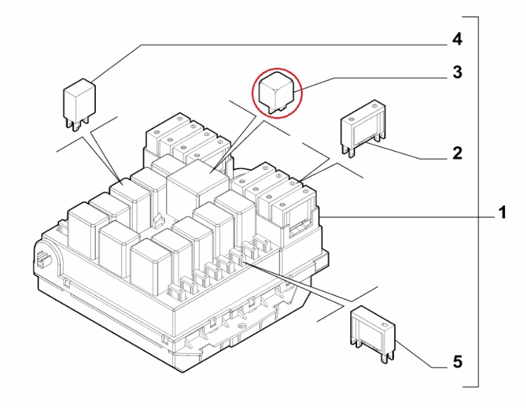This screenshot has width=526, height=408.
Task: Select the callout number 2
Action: (457, 154)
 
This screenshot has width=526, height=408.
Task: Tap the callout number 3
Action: (457, 74)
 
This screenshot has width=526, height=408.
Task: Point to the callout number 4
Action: (457, 40)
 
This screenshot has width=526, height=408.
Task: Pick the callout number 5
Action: (457, 362)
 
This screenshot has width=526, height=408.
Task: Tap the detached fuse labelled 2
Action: (363, 128)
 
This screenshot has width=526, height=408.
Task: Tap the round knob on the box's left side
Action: (43, 257)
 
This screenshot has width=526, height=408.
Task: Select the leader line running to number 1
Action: (409, 215)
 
